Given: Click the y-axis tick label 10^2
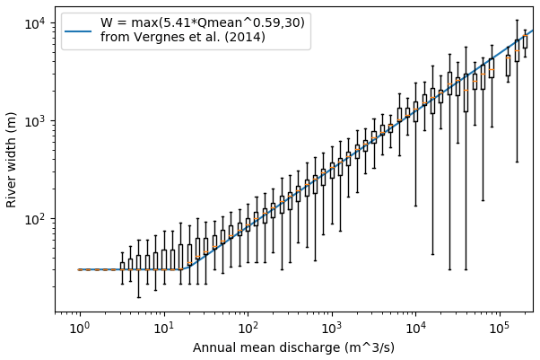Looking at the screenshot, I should click(34, 219).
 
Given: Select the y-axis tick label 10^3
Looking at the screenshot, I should click(34, 121).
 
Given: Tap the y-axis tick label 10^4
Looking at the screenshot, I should click(34, 23).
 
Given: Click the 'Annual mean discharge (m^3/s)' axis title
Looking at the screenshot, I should click(294, 347).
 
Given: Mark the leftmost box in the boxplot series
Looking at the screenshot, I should click(122, 266).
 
